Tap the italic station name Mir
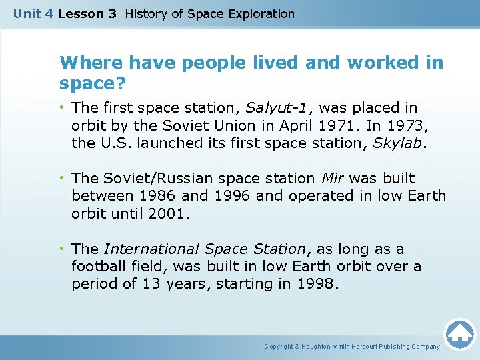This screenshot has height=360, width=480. coord(333,179)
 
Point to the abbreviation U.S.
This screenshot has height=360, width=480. coord(114,142)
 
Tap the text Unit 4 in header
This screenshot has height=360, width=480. coord(33,13)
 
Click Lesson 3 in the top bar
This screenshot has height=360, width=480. coord(87,13)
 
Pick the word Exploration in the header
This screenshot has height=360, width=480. coord(259,13)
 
